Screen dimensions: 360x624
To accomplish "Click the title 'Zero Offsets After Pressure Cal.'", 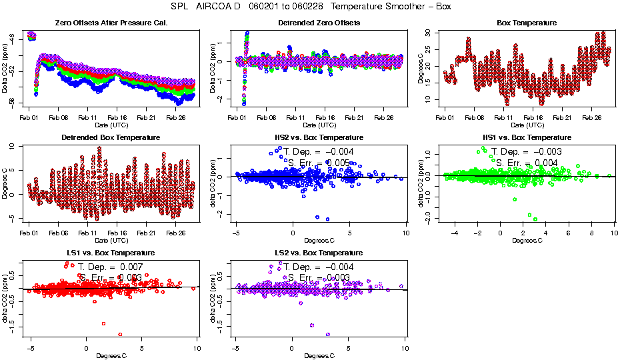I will (x=111, y=23).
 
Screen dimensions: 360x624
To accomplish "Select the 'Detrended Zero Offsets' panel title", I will (x=319, y=23).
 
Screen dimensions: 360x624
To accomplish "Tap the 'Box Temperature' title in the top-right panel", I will (x=527, y=23).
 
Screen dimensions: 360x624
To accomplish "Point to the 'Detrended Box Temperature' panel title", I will (x=111, y=138).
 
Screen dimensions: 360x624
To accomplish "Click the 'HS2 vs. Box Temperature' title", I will (x=319, y=138).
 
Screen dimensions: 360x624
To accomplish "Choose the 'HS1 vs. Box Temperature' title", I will (x=527, y=138).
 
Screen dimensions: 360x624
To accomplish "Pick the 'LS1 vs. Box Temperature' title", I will (x=111, y=253).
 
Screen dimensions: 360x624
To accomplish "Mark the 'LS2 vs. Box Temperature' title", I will (x=319, y=253).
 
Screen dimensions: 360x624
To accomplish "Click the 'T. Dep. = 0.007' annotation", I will (x=110, y=266).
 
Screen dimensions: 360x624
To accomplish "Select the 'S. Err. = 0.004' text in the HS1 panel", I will (x=527, y=162).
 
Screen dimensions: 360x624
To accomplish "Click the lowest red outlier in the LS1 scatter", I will (x=120, y=334).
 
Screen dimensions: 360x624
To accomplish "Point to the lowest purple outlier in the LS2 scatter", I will (x=328, y=334).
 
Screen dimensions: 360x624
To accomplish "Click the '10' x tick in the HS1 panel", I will (x=613, y=233).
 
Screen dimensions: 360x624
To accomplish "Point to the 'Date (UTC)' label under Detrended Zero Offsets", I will (x=319, y=125).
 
